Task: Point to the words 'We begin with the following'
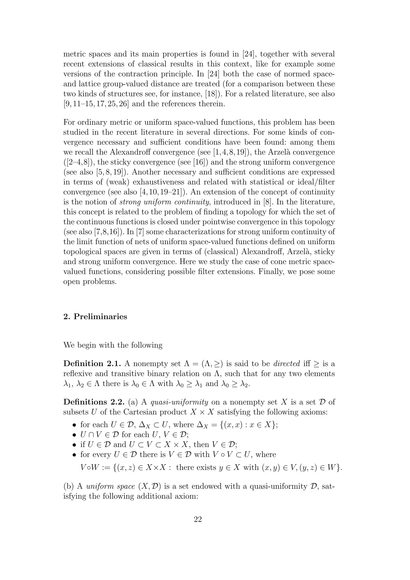(x=113, y=345)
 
